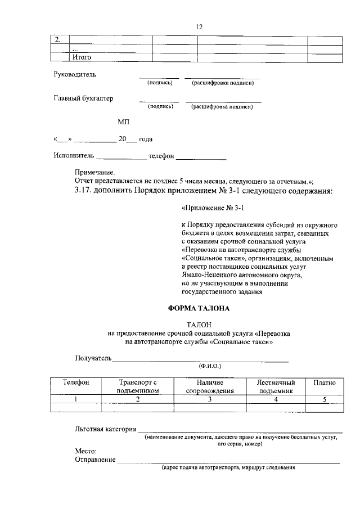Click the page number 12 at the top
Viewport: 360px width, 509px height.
(x=199, y=26)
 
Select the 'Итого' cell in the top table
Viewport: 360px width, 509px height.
(x=82, y=57)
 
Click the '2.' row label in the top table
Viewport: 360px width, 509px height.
(x=57, y=39)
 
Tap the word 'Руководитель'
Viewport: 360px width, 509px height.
(x=75, y=74)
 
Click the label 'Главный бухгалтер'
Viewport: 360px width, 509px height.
(x=83, y=98)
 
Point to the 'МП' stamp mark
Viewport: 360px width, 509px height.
(x=124, y=121)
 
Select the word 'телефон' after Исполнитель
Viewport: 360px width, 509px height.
(x=161, y=155)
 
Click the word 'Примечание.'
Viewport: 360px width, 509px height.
(x=94, y=172)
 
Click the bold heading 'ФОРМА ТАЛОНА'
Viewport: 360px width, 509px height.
(x=199, y=309)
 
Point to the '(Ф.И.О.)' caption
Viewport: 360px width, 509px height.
(x=209, y=366)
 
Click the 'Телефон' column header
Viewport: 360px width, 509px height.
(x=75, y=382)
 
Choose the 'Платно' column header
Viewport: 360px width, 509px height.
(x=325, y=382)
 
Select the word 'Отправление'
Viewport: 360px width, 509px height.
(x=96, y=460)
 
